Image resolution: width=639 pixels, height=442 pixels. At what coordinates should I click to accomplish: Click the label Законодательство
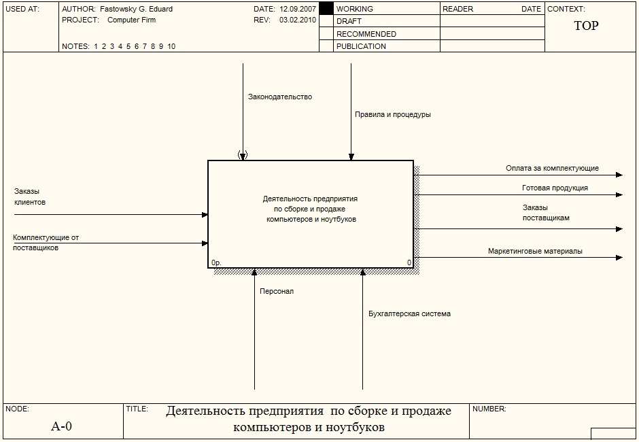click(280, 97)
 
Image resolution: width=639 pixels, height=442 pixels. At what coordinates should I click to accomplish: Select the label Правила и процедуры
click(393, 114)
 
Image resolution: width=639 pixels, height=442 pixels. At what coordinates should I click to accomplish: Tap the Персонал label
click(277, 291)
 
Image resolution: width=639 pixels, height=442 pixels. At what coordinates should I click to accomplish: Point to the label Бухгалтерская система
click(409, 314)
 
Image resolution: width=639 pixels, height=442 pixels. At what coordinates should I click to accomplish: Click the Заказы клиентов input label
click(30, 197)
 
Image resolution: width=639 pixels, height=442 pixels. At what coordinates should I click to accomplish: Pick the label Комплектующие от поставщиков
click(46, 243)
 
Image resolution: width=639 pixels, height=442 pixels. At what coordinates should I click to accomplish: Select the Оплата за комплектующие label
click(552, 168)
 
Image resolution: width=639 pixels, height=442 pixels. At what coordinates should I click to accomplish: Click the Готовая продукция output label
click(555, 188)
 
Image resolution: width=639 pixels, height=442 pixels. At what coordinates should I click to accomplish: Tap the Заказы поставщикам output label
click(546, 213)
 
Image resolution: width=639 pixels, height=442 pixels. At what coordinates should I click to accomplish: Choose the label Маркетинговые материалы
click(535, 251)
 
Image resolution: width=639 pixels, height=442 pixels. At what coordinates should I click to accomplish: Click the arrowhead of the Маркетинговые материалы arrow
click(619, 258)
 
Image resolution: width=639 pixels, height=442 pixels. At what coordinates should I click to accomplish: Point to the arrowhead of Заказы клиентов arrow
click(205, 214)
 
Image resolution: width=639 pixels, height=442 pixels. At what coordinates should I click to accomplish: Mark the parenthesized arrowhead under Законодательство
click(243, 155)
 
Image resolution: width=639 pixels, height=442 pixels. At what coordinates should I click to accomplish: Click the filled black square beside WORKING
click(326, 9)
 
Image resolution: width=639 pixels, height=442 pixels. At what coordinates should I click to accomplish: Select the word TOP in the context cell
click(587, 26)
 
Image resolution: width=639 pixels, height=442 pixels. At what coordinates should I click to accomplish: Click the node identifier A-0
click(62, 426)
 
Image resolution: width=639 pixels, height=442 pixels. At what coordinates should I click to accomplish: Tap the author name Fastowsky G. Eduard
click(136, 9)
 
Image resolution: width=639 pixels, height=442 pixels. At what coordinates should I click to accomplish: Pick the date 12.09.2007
click(298, 9)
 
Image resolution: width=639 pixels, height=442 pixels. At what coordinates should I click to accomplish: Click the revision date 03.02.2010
click(298, 20)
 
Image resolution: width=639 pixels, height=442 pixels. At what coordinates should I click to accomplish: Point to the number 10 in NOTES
click(171, 46)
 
